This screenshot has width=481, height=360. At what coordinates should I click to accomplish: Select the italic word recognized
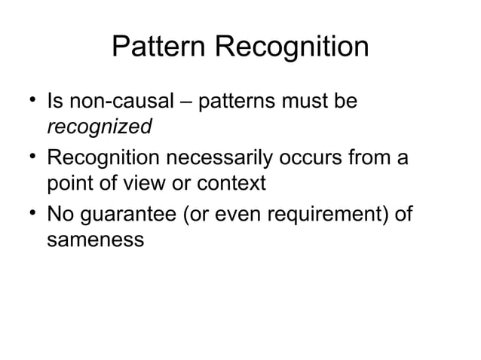(x=100, y=127)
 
